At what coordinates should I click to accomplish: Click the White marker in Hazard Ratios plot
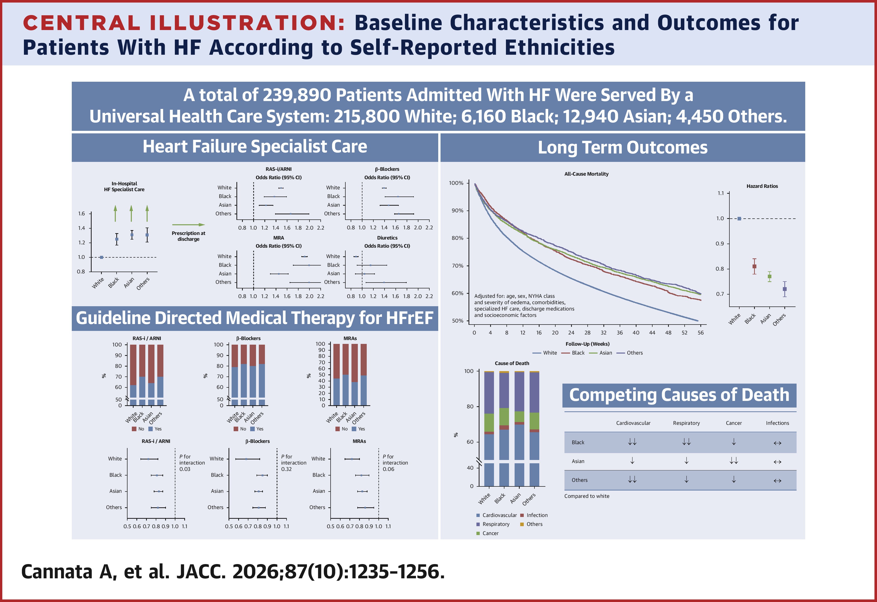click(x=739, y=219)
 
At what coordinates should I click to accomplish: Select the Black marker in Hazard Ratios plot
click(x=754, y=267)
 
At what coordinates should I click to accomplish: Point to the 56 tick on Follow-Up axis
click(x=700, y=332)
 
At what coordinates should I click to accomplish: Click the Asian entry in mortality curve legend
click(x=605, y=353)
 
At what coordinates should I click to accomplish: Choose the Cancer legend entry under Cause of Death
click(x=490, y=533)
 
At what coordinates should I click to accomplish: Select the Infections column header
click(x=777, y=423)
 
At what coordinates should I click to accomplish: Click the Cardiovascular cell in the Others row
click(x=632, y=480)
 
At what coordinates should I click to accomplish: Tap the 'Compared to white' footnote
click(x=586, y=496)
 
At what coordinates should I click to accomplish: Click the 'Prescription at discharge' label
click(x=188, y=236)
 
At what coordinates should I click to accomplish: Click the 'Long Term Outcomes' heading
click(x=622, y=148)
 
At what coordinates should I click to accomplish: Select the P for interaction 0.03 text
click(x=192, y=463)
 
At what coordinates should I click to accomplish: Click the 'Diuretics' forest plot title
click(x=387, y=238)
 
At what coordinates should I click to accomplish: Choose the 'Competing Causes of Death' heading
click(x=679, y=395)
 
